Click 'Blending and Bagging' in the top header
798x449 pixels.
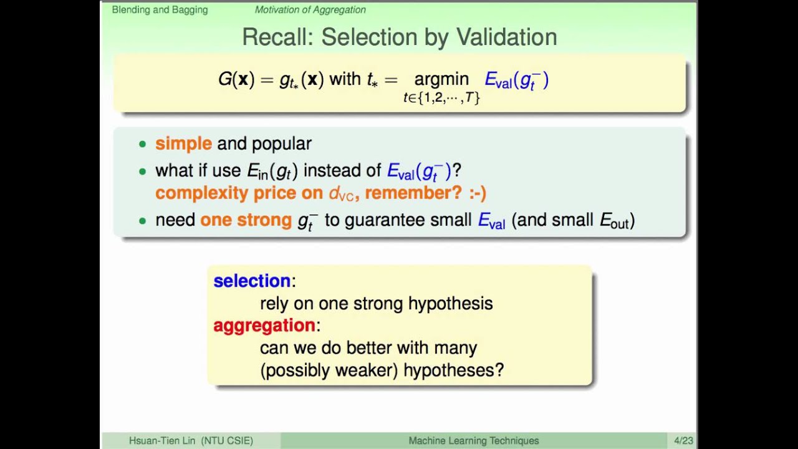[160, 10]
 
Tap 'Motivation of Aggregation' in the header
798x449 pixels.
[310, 10]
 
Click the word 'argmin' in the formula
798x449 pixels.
[441, 79]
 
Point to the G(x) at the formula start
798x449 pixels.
[236, 79]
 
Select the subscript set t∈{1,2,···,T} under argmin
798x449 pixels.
[441, 97]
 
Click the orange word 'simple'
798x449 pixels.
[183, 143]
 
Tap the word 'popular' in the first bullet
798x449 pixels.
[282, 143]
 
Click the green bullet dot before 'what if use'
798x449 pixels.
[142, 171]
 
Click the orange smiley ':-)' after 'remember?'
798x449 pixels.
[478, 193]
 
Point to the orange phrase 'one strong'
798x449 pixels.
[246, 220]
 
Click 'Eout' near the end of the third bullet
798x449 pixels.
[614, 221]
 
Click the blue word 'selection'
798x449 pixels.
[252, 281]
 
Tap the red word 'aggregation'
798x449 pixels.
[264, 325]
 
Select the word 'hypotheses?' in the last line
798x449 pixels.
[453, 370]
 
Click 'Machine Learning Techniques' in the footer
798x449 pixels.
[473, 440]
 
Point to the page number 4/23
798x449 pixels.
[684, 440]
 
